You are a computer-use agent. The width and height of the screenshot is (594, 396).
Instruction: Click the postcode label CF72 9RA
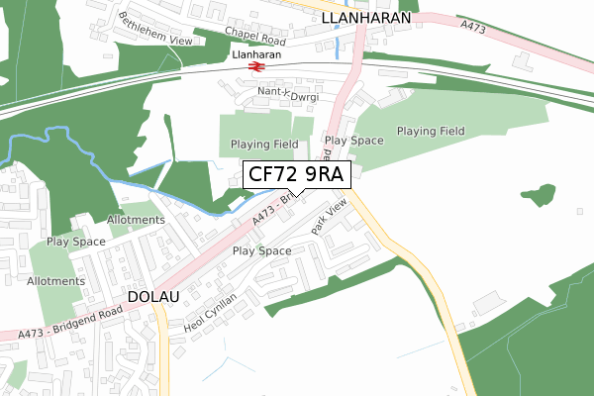[295, 175]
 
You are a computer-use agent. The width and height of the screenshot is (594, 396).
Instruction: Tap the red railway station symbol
[257, 66]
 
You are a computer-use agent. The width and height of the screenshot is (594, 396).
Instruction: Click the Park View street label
[330, 217]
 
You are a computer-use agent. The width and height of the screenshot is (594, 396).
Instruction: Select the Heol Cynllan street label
[212, 313]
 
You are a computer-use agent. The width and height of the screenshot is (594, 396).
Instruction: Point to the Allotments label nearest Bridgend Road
[56, 281]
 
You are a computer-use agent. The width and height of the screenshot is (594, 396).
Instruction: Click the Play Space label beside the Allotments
[76, 242]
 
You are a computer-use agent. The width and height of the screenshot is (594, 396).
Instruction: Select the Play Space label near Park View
[261, 251]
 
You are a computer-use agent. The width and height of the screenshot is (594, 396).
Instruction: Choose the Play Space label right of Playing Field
[353, 141]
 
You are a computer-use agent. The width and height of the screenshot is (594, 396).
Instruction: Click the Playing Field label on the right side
[431, 131]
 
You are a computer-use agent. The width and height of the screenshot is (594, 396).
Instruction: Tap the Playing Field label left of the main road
[264, 145]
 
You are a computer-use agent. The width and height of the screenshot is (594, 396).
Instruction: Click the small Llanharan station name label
[256, 55]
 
